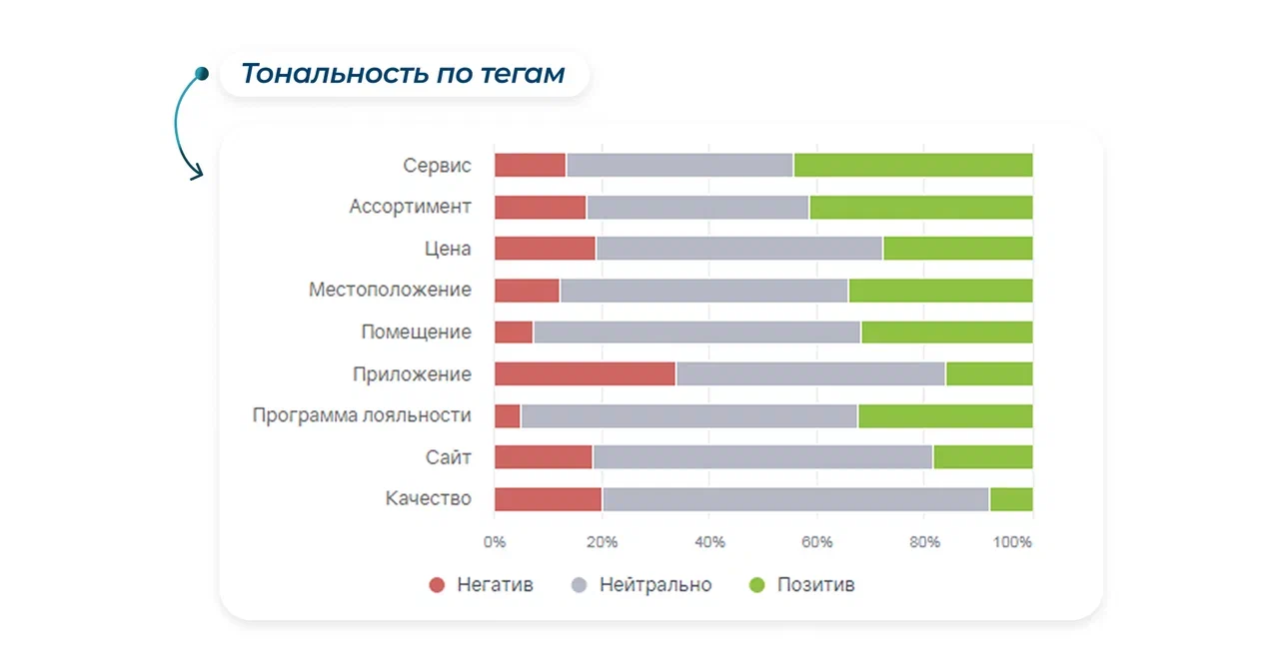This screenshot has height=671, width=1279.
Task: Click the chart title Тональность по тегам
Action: (x=403, y=74)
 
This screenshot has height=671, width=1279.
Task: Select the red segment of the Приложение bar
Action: (x=585, y=374)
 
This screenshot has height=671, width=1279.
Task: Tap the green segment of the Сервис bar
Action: (x=912, y=166)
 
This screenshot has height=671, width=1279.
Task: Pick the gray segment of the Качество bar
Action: (x=795, y=499)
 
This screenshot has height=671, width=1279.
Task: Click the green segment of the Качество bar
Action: (x=1010, y=499)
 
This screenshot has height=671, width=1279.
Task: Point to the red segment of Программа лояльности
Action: (x=508, y=416)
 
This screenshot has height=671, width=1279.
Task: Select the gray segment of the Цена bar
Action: (x=739, y=249)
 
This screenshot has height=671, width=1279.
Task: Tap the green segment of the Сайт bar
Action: (x=982, y=457)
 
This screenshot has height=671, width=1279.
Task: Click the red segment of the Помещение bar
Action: (x=514, y=333)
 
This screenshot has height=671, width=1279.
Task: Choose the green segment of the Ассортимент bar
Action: (x=920, y=208)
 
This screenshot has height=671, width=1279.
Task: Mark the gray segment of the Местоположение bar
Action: (x=703, y=291)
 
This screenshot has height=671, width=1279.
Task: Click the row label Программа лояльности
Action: (x=361, y=416)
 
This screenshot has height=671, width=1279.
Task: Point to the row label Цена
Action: (x=448, y=249)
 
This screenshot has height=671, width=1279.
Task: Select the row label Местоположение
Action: (x=390, y=291)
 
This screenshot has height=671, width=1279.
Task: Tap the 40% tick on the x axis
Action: (x=709, y=542)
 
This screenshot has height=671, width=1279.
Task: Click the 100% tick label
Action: (x=1013, y=542)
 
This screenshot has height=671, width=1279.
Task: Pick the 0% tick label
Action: (x=495, y=542)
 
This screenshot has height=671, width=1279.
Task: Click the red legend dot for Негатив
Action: (x=437, y=585)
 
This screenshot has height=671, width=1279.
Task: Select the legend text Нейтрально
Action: (x=655, y=585)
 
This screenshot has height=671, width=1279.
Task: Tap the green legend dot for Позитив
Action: (x=756, y=585)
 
